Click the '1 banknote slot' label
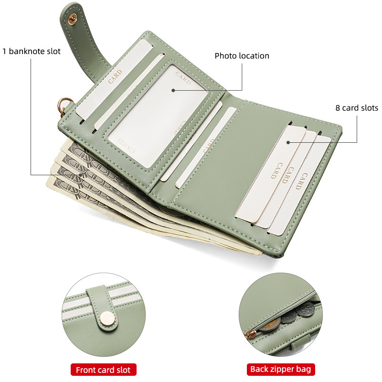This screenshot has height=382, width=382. click(32, 51)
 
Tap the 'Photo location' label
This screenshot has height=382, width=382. click(242, 56)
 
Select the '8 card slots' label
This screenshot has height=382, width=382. click(356, 108)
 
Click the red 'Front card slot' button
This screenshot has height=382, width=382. click(104, 369)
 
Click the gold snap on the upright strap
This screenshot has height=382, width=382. click(73, 20)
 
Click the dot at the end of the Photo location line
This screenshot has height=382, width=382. click(173, 90)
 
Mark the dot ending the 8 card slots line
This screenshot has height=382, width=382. click(288, 142)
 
